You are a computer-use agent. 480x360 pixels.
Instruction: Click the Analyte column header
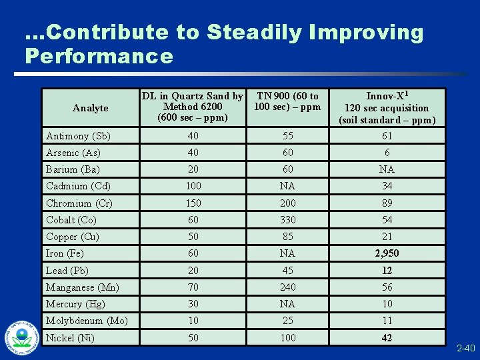click(x=90, y=108)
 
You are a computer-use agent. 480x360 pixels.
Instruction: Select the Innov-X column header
click(x=387, y=108)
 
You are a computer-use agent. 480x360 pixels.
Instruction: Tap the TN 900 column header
click(x=287, y=101)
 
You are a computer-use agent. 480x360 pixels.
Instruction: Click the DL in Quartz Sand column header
click(x=193, y=107)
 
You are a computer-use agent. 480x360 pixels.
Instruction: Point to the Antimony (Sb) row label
click(x=78, y=136)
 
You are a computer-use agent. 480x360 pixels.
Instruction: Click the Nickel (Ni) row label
click(x=70, y=338)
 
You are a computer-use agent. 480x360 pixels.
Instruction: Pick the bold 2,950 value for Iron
click(x=387, y=253)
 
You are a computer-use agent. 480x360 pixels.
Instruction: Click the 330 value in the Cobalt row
click(x=287, y=220)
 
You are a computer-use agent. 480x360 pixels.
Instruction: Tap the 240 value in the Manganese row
click(x=287, y=287)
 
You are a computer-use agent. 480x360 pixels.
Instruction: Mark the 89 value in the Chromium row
click(x=387, y=203)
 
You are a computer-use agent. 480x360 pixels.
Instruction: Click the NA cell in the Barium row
click(x=387, y=169)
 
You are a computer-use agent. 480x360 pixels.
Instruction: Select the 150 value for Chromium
click(x=193, y=203)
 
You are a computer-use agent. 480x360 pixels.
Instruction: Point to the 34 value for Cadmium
click(x=387, y=186)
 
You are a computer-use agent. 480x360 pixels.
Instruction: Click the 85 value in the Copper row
click(x=287, y=237)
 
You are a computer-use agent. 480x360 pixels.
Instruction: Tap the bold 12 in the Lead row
click(x=387, y=271)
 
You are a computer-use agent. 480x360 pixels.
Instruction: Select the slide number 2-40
click(x=466, y=348)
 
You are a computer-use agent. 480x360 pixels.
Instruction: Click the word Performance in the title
click(x=99, y=56)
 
